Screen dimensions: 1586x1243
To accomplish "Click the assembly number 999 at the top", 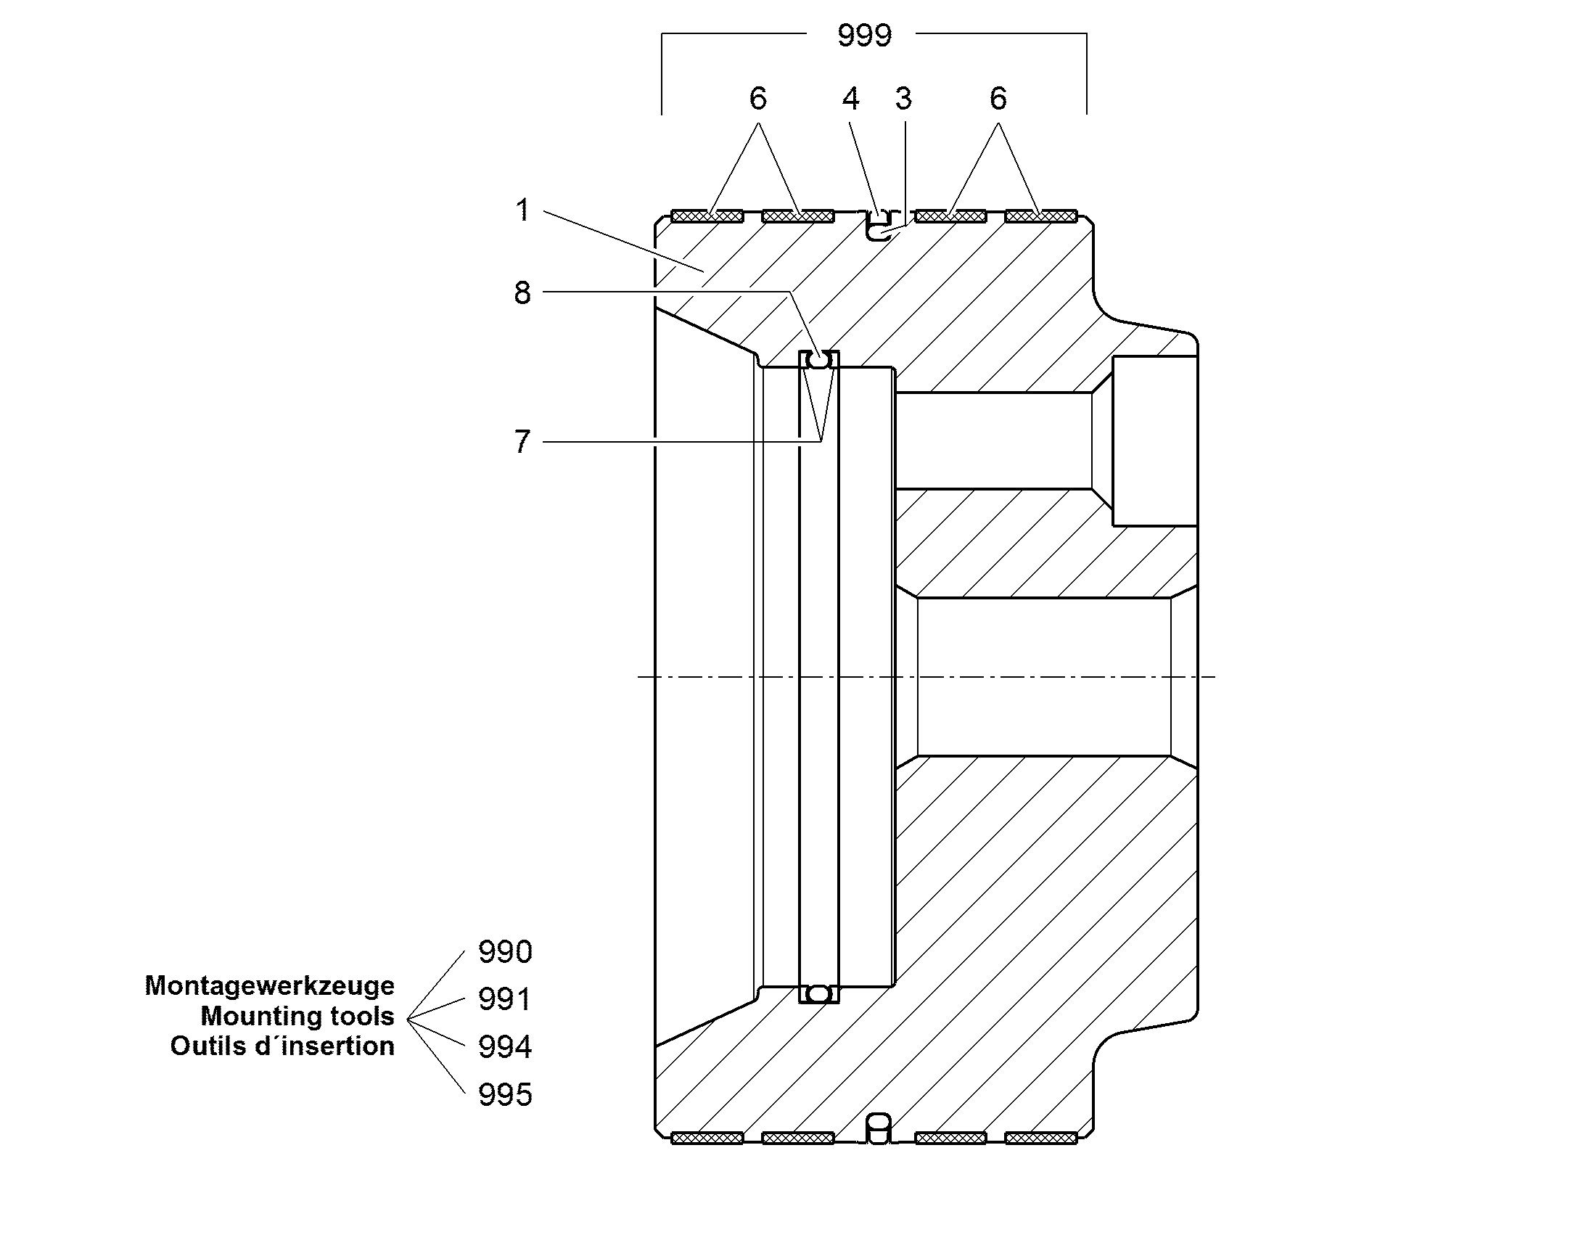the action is (864, 35).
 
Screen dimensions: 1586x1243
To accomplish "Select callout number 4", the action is (850, 98).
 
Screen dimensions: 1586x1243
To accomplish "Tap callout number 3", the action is (903, 98).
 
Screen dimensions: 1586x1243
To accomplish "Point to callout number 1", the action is (522, 210).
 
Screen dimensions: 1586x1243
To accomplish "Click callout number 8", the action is (522, 292).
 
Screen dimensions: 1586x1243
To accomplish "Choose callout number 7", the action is (522, 442).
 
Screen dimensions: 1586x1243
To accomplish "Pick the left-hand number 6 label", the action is (758, 98).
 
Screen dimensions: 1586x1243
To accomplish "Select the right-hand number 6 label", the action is (998, 98).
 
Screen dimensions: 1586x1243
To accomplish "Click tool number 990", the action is (505, 952).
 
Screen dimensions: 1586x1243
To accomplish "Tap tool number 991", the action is (505, 999).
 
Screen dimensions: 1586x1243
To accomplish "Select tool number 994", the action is (505, 1046).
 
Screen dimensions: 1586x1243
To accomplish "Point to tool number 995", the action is (505, 1094).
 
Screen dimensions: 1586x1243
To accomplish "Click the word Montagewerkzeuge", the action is (269, 985).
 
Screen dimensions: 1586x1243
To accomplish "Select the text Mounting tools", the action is (297, 1016).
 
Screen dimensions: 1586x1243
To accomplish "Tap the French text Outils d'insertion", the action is (282, 1046).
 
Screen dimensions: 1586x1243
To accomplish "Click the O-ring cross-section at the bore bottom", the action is (819, 993).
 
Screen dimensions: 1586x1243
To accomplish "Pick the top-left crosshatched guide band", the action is (707, 216).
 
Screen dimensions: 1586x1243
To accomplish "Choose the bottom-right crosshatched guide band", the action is (1041, 1139).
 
